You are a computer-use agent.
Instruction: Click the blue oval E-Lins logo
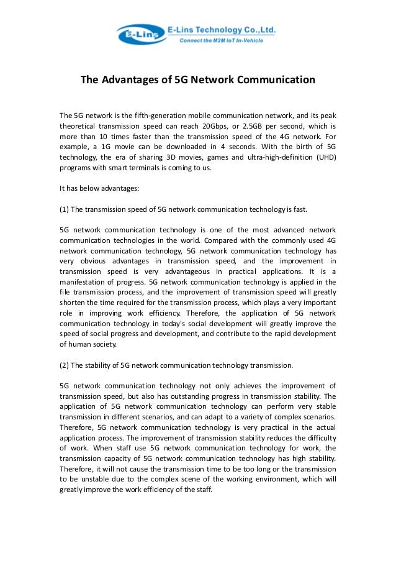[141, 35]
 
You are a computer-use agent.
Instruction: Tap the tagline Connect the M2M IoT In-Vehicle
[222, 40]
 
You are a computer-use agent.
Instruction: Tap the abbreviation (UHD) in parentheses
[323, 158]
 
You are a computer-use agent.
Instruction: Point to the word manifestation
[86, 282]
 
